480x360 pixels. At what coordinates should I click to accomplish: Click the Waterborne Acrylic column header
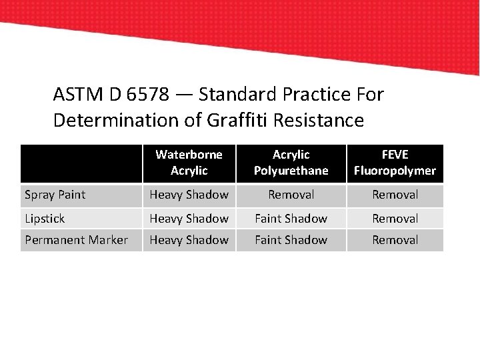click(x=189, y=163)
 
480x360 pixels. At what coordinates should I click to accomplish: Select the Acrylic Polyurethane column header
click(x=291, y=163)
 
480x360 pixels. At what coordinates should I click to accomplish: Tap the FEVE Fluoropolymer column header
click(x=395, y=163)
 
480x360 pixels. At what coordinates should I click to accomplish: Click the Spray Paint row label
click(x=55, y=195)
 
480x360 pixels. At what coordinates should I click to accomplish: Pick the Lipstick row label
click(x=45, y=218)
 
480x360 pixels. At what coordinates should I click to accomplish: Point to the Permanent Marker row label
click(x=76, y=240)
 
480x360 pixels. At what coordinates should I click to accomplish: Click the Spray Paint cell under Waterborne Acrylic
click(x=189, y=195)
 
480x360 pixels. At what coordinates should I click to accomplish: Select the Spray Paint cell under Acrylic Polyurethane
click(x=291, y=195)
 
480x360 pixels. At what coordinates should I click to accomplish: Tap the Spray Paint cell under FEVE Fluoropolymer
click(x=395, y=195)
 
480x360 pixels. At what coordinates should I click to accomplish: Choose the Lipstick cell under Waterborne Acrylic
click(x=189, y=218)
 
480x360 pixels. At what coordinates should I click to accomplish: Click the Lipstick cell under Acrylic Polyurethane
click(x=291, y=218)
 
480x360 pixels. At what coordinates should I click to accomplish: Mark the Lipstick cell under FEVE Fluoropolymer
click(x=395, y=218)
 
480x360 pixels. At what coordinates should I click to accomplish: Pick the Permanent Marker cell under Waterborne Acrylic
click(x=189, y=240)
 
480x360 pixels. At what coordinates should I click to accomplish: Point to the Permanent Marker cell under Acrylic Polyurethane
click(x=291, y=240)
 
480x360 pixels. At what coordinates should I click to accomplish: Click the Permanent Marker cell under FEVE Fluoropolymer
click(x=395, y=240)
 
